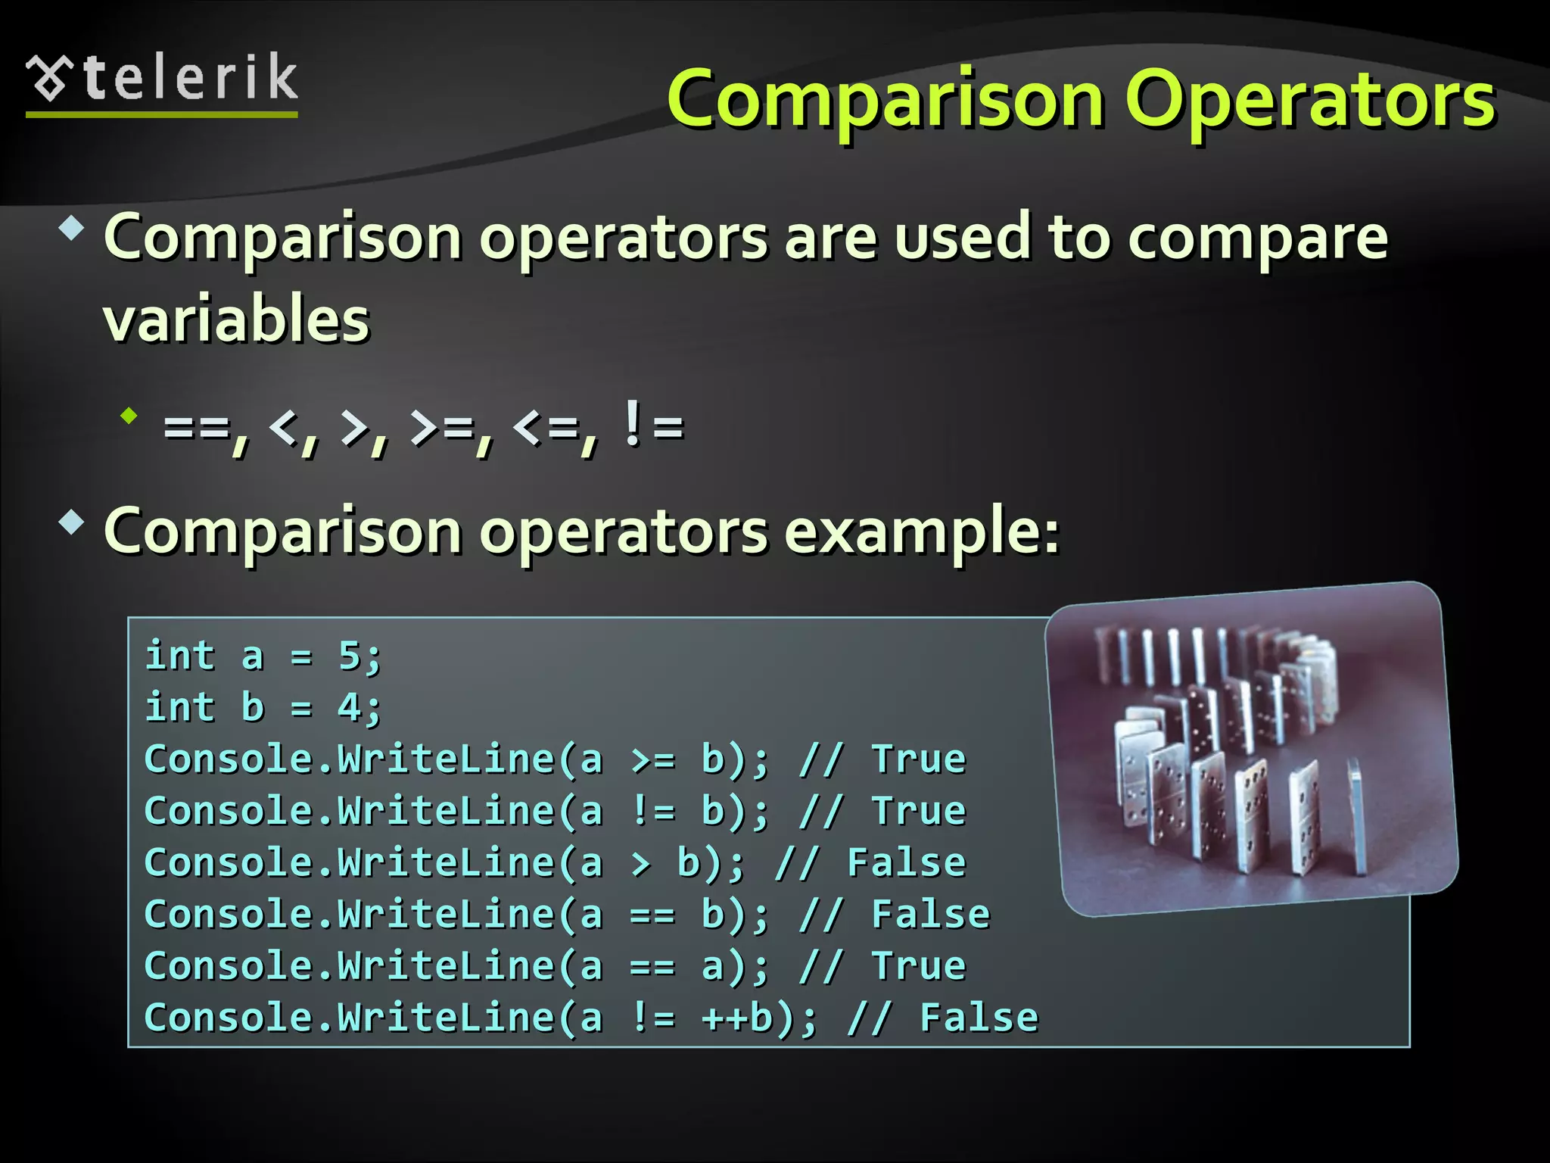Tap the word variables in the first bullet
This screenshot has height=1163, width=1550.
[x=236, y=320]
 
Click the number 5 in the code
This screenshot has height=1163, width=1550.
[x=350, y=656]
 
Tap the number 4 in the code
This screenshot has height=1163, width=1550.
[x=350, y=708]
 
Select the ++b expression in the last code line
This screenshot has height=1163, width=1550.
[x=738, y=1018]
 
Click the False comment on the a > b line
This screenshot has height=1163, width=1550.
[x=906, y=863]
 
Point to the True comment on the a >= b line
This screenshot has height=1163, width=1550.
[x=919, y=759]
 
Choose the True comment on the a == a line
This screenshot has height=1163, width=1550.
[x=919, y=967]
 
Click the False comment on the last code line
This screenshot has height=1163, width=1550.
[x=979, y=1018]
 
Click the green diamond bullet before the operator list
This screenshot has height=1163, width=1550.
[x=129, y=416]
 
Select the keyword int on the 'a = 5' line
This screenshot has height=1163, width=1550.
[x=180, y=656]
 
